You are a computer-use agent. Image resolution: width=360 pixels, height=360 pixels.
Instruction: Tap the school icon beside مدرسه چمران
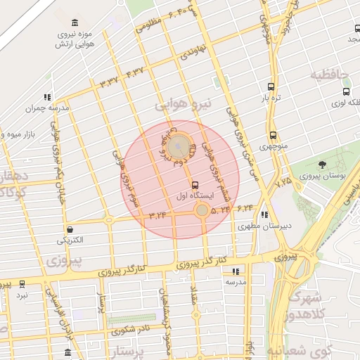coord(47,97)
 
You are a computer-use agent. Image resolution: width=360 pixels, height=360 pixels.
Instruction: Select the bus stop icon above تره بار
coord(271,87)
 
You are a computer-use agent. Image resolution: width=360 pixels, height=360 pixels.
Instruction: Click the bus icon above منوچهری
coord(273,135)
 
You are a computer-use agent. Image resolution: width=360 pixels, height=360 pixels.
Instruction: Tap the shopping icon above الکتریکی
coord(70,229)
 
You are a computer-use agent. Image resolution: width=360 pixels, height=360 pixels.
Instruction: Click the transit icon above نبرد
coord(22,284)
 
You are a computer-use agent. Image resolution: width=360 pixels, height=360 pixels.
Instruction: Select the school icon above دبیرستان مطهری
coord(264,215)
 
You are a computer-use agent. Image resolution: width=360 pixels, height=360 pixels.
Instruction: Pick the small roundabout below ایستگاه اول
coord(202,210)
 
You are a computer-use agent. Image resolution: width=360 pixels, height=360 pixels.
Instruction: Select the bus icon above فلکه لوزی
coord(345,91)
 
